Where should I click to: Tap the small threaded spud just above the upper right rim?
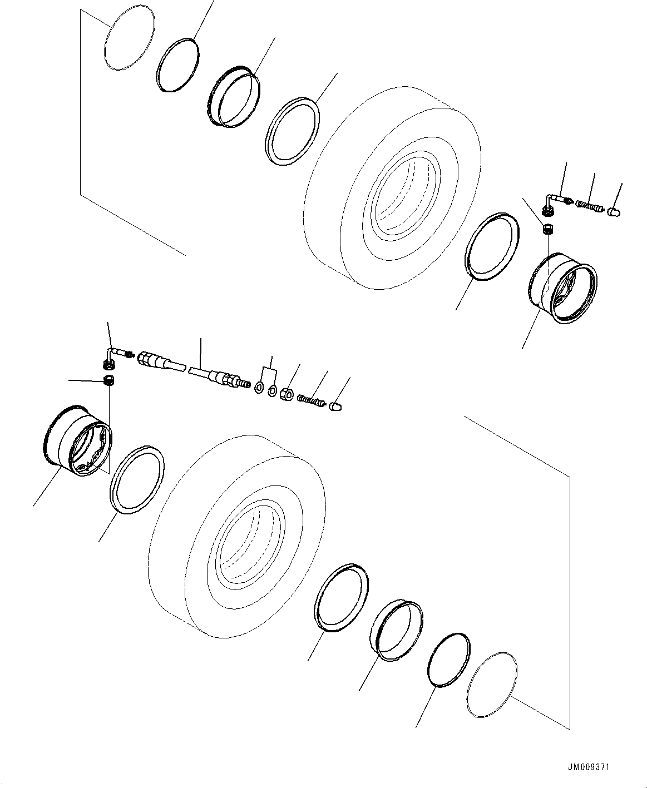point(547,229)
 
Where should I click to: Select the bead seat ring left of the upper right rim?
point(491,245)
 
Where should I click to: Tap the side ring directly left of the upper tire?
point(293,132)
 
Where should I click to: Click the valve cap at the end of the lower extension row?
point(335,408)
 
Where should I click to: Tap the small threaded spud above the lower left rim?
point(110,381)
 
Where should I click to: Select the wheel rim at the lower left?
point(78,443)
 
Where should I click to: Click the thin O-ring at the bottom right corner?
point(493,685)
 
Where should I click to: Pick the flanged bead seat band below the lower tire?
point(396,630)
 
